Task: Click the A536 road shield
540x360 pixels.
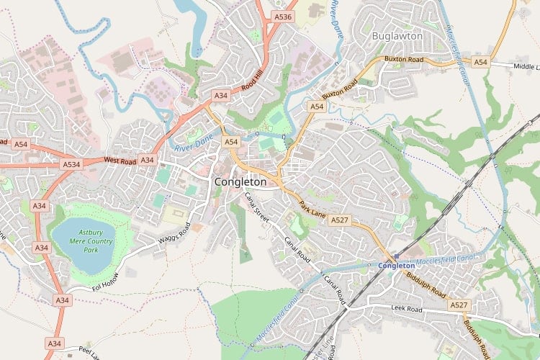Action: [x=284, y=17]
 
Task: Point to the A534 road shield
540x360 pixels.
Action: [x=71, y=164]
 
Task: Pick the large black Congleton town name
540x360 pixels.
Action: [x=240, y=182]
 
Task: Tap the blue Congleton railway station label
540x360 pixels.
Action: [x=397, y=266]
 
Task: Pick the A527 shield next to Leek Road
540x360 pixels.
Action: [x=459, y=305]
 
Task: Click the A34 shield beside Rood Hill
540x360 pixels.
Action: [x=220, y=95]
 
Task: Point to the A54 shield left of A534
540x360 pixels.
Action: [x=20, y=145]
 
